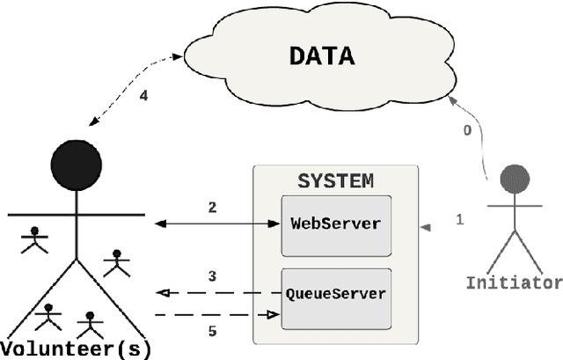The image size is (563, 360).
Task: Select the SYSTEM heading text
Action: (x=335, y=181)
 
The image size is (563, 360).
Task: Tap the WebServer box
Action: (x=335, y=223)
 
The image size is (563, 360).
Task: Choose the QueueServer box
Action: (x=335, y=293)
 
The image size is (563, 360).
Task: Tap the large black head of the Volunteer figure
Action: (x=77, y=165)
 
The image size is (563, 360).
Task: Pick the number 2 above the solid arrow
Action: (x=212, y=208)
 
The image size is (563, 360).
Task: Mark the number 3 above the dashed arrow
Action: (x=212, y=276)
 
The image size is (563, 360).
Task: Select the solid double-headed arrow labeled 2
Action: (x=216, y=224)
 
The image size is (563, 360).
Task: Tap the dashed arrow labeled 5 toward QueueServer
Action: (x=216, y=314)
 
